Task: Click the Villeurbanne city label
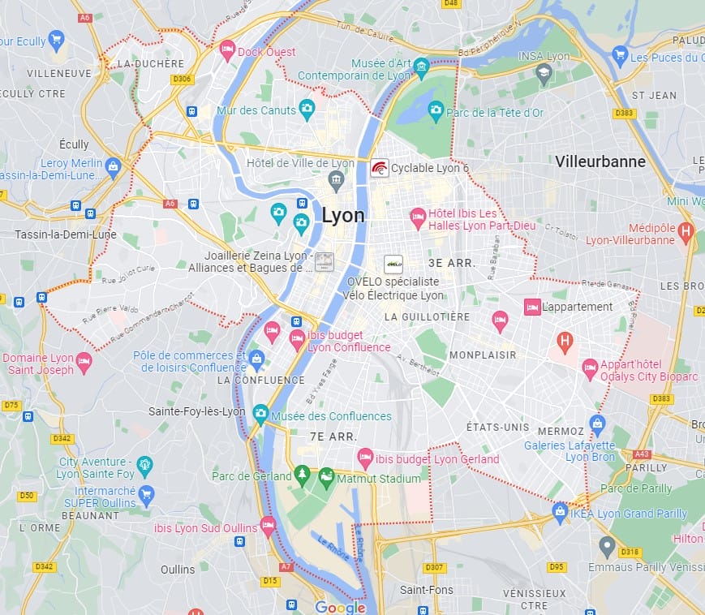[600, 161]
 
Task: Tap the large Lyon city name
[343, 215]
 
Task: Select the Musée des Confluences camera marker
[260, 414]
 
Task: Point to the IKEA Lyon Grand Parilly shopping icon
[560, 511]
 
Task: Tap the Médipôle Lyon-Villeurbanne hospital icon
[686, 230]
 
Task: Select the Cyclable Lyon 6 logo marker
[379, 168]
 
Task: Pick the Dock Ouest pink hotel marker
[227, 49]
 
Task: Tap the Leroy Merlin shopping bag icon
[113, 166]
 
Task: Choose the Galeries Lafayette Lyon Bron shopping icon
[598, 422]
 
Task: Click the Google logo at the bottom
[340, 607]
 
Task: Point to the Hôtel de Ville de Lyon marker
[336, 178]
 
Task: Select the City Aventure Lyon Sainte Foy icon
[144, 465]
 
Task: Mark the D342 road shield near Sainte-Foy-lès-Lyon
[62, 438]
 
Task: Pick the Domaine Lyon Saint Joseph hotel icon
[83, 359]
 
